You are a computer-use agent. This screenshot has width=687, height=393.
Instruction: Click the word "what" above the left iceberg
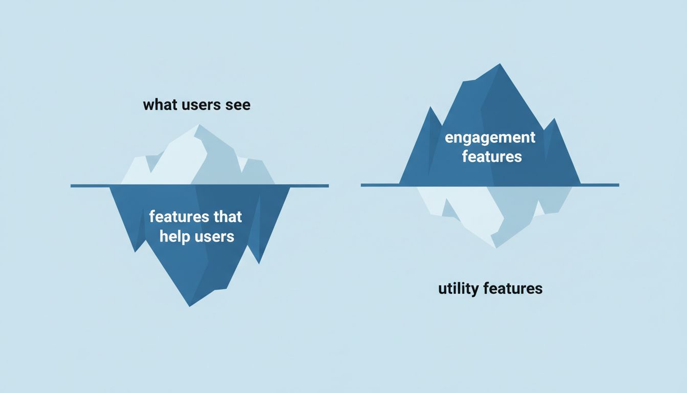point(159,105)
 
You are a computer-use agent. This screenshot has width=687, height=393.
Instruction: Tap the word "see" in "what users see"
point(237,105)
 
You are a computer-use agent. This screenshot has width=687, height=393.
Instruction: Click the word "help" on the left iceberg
point(175,236)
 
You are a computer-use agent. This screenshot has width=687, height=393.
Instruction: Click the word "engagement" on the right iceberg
point(490,138)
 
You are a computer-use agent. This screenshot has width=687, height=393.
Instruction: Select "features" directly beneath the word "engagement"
point(492,156)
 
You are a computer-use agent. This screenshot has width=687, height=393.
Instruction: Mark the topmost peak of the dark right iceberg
point(499,64)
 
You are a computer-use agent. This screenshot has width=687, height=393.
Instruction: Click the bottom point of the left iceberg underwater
point(190,305)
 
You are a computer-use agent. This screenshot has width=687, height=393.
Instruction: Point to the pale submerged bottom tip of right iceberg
point(495,248)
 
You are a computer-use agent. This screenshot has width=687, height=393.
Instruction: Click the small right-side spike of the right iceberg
point(554,120)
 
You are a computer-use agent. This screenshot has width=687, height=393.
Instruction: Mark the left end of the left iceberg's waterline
point(72,185)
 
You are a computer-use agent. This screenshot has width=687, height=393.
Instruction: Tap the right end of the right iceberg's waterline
point(618,185)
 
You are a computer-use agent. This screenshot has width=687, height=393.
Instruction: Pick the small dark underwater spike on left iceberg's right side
point(259,262)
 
